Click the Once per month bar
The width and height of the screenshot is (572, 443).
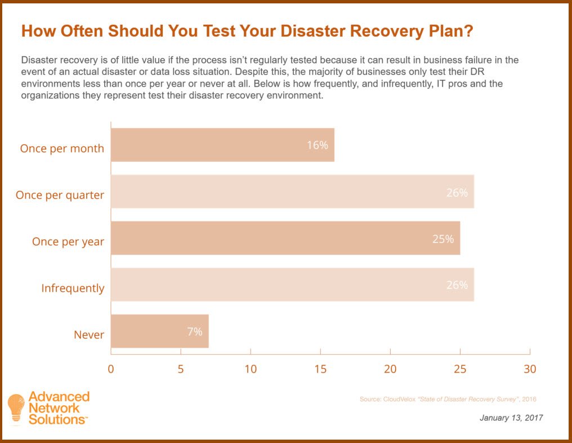(x=222, y=145)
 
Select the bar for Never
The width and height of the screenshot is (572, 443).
(x=159, y=332)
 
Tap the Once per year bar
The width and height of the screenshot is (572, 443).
(x=285, y=238)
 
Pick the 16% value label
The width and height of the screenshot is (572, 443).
(x=317, y=145)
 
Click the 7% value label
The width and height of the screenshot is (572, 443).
(x=194, y=332)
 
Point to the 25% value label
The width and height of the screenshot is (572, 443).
(x=443, y=239)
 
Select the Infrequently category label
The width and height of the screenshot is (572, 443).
(x=73, y=288)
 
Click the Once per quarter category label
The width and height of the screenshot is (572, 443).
(x=60, y=195)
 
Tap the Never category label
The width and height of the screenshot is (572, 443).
(x=89, y=335)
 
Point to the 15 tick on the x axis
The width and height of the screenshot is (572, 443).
(x=320, y=369)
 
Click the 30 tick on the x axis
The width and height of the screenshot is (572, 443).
(x=530, y=369)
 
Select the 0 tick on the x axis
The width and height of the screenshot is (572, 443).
(x=111, y=369)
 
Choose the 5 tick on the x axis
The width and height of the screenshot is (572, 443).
(x=181, y=369)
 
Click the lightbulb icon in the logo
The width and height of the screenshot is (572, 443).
(x=16, y=406)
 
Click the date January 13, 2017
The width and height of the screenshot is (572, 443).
(x=511, y=418)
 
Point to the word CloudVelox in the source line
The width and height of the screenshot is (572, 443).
(x=400, y=399)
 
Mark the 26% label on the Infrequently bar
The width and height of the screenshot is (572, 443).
(x=457, y=285)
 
